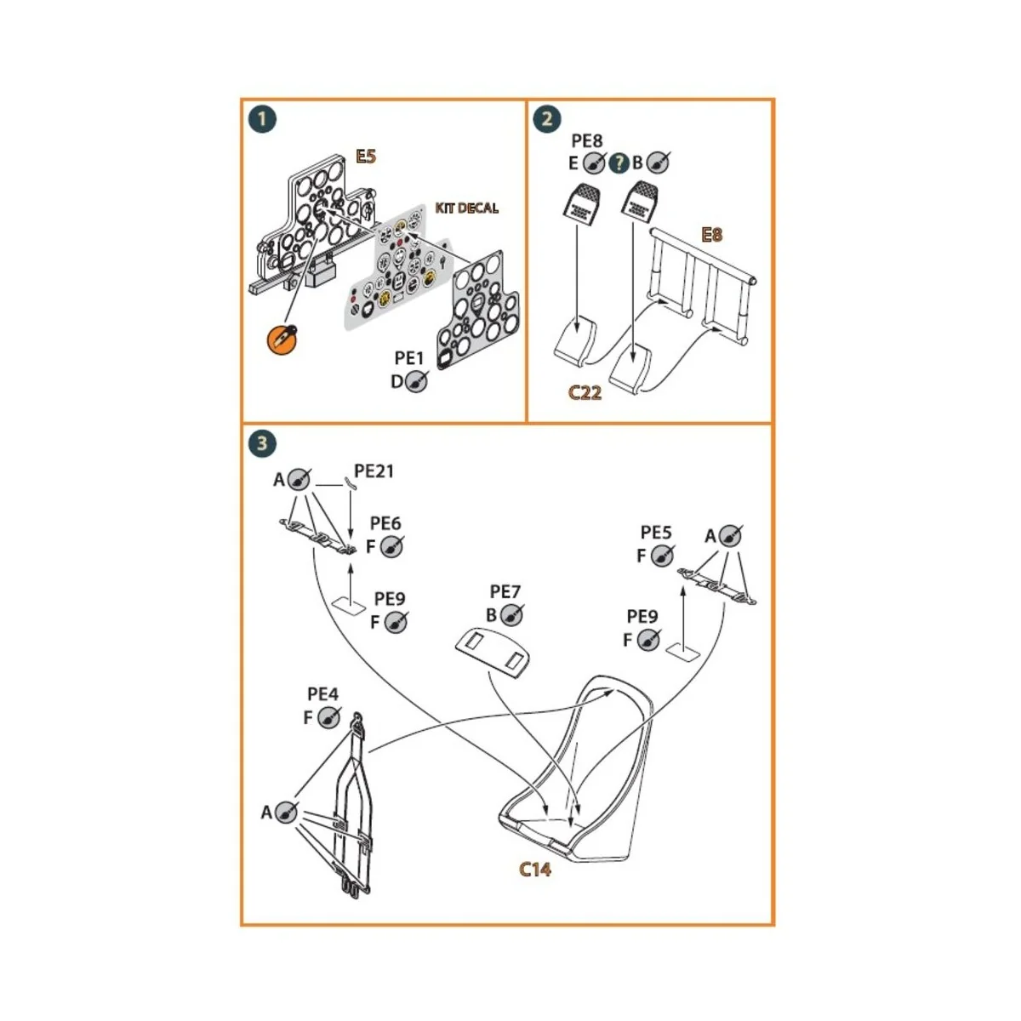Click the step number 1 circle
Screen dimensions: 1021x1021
262,118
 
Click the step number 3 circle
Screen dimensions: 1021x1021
262,442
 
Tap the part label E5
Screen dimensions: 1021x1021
366,157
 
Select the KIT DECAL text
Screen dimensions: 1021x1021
467,208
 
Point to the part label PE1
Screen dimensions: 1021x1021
409,359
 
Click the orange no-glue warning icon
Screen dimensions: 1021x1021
281,339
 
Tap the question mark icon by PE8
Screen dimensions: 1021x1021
620,162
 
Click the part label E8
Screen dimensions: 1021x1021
711,234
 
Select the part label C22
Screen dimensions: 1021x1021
585,392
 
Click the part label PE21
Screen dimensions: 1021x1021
374,471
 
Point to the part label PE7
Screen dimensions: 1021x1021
505,591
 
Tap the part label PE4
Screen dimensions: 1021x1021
322,694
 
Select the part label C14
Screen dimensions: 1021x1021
536,869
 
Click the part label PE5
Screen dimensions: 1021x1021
656,533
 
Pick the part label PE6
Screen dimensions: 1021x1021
385,523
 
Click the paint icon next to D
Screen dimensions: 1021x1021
416,382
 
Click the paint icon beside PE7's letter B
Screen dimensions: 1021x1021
512,615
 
